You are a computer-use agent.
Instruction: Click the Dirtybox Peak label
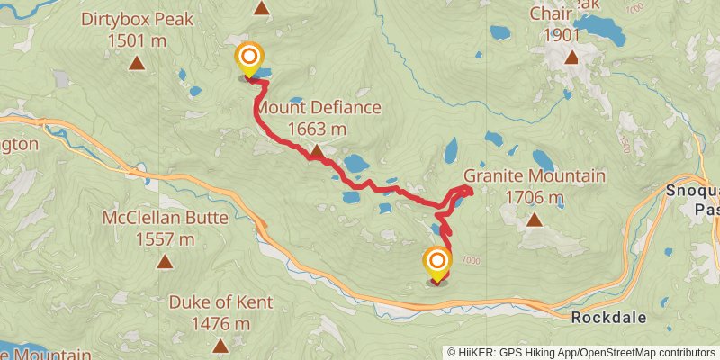137,19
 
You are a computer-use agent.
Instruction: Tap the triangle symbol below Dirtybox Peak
137,63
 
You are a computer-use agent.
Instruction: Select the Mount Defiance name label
319,108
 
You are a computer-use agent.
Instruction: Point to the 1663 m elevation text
318,129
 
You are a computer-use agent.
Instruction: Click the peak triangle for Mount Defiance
317,153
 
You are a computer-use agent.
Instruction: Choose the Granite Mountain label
535,176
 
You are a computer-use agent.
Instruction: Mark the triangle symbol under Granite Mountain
535,220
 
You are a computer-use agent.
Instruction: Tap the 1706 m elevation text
535,197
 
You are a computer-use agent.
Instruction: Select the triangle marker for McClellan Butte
165,262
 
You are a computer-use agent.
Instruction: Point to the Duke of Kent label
220,302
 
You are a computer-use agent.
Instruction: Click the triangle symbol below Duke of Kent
220,346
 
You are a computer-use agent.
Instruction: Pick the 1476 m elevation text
220,323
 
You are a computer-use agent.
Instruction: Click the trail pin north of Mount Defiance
249,60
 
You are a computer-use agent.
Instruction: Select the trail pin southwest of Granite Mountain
436,265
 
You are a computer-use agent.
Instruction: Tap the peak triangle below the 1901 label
571,59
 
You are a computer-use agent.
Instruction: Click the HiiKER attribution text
580,352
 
